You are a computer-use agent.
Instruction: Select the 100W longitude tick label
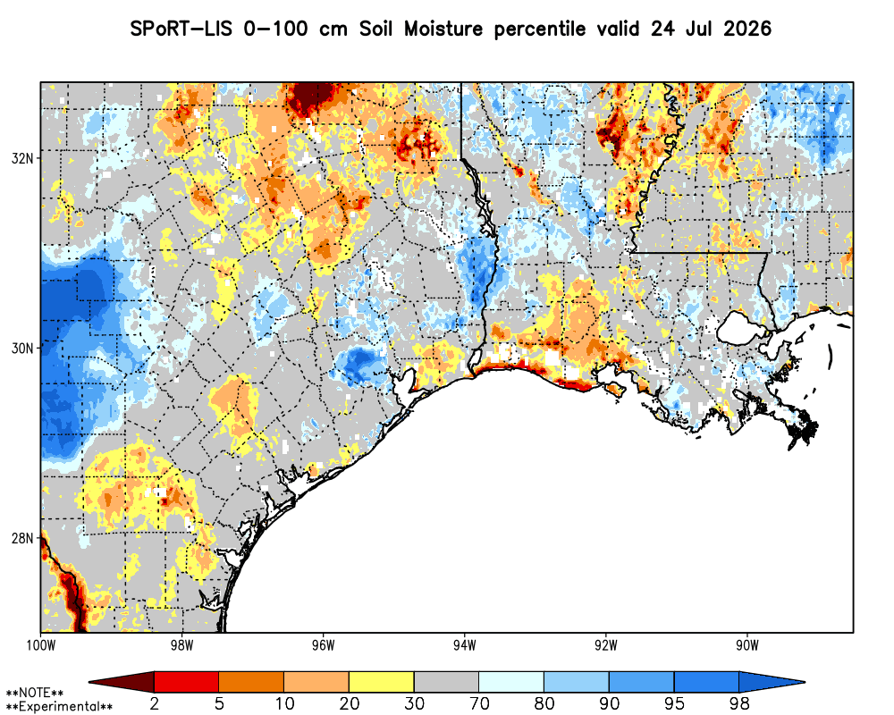point(40,645)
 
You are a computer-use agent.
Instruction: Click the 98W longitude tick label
point(181,645)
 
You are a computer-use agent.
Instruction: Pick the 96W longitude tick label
point(324,645)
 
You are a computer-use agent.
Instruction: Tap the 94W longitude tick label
point(465,645)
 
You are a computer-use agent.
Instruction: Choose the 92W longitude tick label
point(606,645)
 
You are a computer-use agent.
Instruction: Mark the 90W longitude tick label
point(747,645)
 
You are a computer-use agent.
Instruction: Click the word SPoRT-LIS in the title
point(181,29)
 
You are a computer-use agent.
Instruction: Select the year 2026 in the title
point(746,29)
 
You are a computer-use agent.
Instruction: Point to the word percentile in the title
point(539,29)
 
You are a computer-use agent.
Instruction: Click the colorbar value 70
point(479,703)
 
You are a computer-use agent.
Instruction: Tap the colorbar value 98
point(739,703)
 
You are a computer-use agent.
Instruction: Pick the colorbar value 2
point(154,703)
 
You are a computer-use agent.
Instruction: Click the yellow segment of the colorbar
point(382,682)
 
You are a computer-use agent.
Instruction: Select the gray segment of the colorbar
point(446,682)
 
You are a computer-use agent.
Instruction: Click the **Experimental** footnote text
point(59,707)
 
